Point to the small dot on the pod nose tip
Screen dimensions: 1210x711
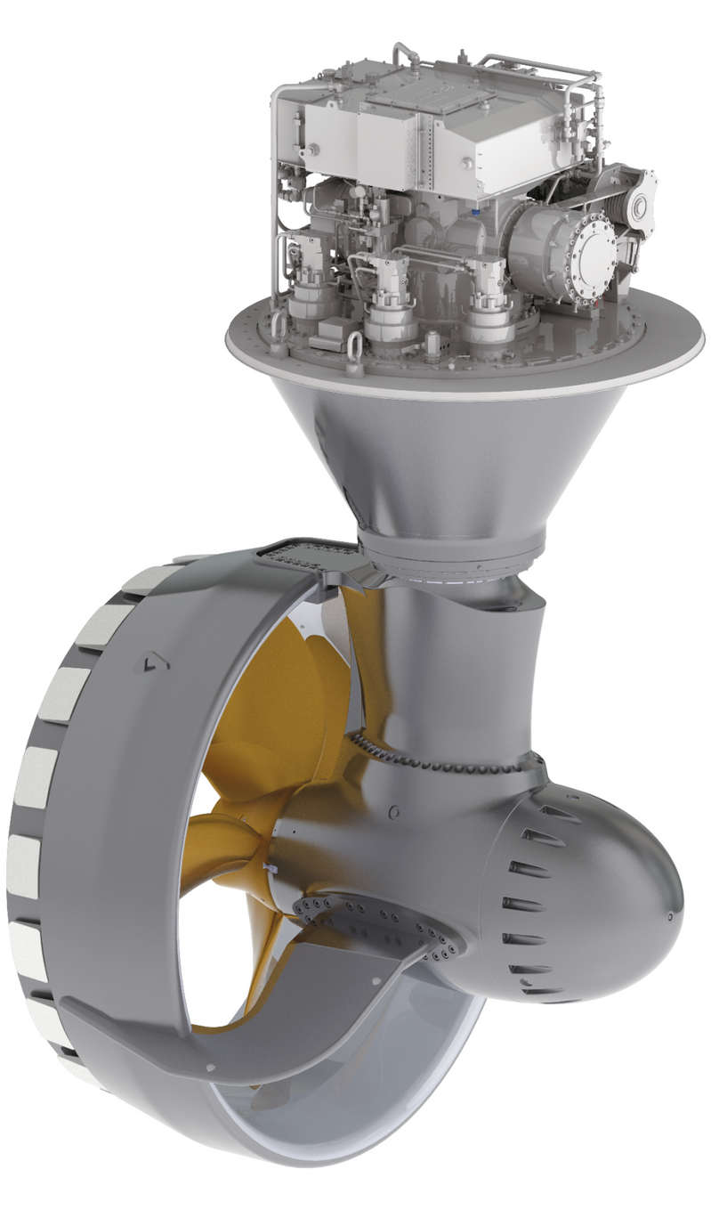(x=668, y=914)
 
